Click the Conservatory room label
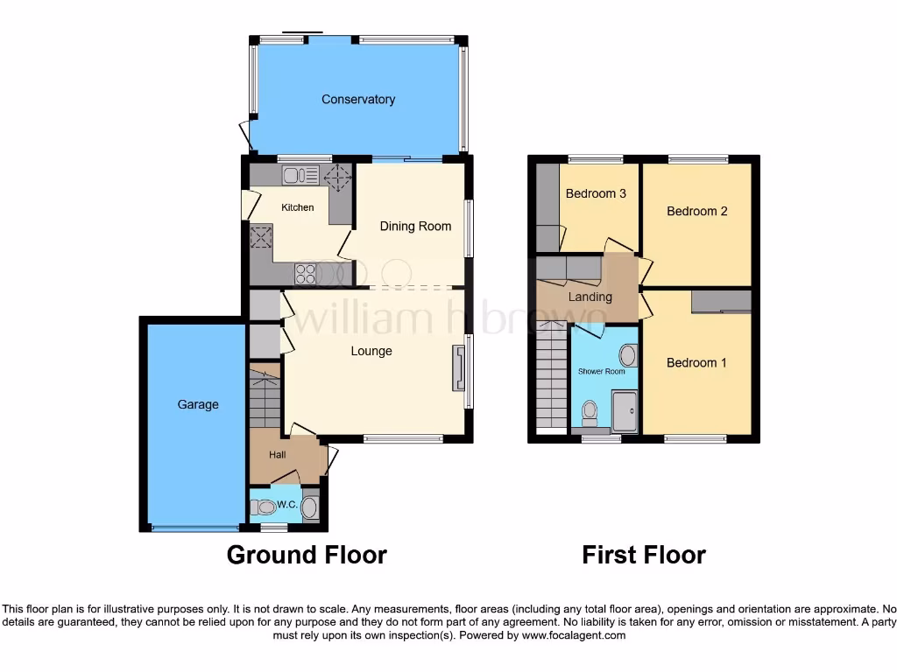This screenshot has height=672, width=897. point(357,100)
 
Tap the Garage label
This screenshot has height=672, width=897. point(198,405)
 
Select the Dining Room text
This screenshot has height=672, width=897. point(415,227)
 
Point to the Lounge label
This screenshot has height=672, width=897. point(371,352)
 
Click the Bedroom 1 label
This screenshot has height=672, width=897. point(696,363)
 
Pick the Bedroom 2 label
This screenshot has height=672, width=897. point(696,212)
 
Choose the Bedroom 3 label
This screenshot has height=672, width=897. point(596,194)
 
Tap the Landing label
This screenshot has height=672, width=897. point(590,297)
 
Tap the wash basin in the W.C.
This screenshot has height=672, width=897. point(308,507)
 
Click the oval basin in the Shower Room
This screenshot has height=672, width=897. point(628,355)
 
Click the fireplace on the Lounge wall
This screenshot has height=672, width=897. point(457,367)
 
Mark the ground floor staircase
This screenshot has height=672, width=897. point(264,399)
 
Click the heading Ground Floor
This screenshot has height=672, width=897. point(307,555)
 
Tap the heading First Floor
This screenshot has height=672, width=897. point(644,555)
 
